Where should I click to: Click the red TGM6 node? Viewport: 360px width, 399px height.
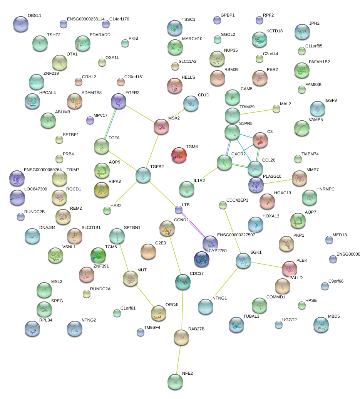point(179,155)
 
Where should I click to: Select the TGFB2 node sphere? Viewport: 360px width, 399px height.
point(143,175)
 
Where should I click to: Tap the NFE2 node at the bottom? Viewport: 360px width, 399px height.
point(175,382)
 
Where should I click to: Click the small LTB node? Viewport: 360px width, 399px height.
point(179,210)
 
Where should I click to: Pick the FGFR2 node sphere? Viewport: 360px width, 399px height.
point(118,101)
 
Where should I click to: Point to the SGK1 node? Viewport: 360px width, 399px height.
point(243,261)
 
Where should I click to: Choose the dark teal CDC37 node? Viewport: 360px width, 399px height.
point(183,282)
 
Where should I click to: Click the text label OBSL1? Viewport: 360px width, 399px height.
point(34,16)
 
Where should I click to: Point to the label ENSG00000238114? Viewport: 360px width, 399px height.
point(85,19)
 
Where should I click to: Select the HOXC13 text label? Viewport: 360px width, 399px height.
point(283,193)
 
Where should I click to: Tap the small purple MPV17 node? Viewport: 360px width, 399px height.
point(90,120)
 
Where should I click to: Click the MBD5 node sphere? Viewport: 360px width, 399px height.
point(321,325)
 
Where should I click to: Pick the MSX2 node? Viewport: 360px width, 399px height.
point(161,126)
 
